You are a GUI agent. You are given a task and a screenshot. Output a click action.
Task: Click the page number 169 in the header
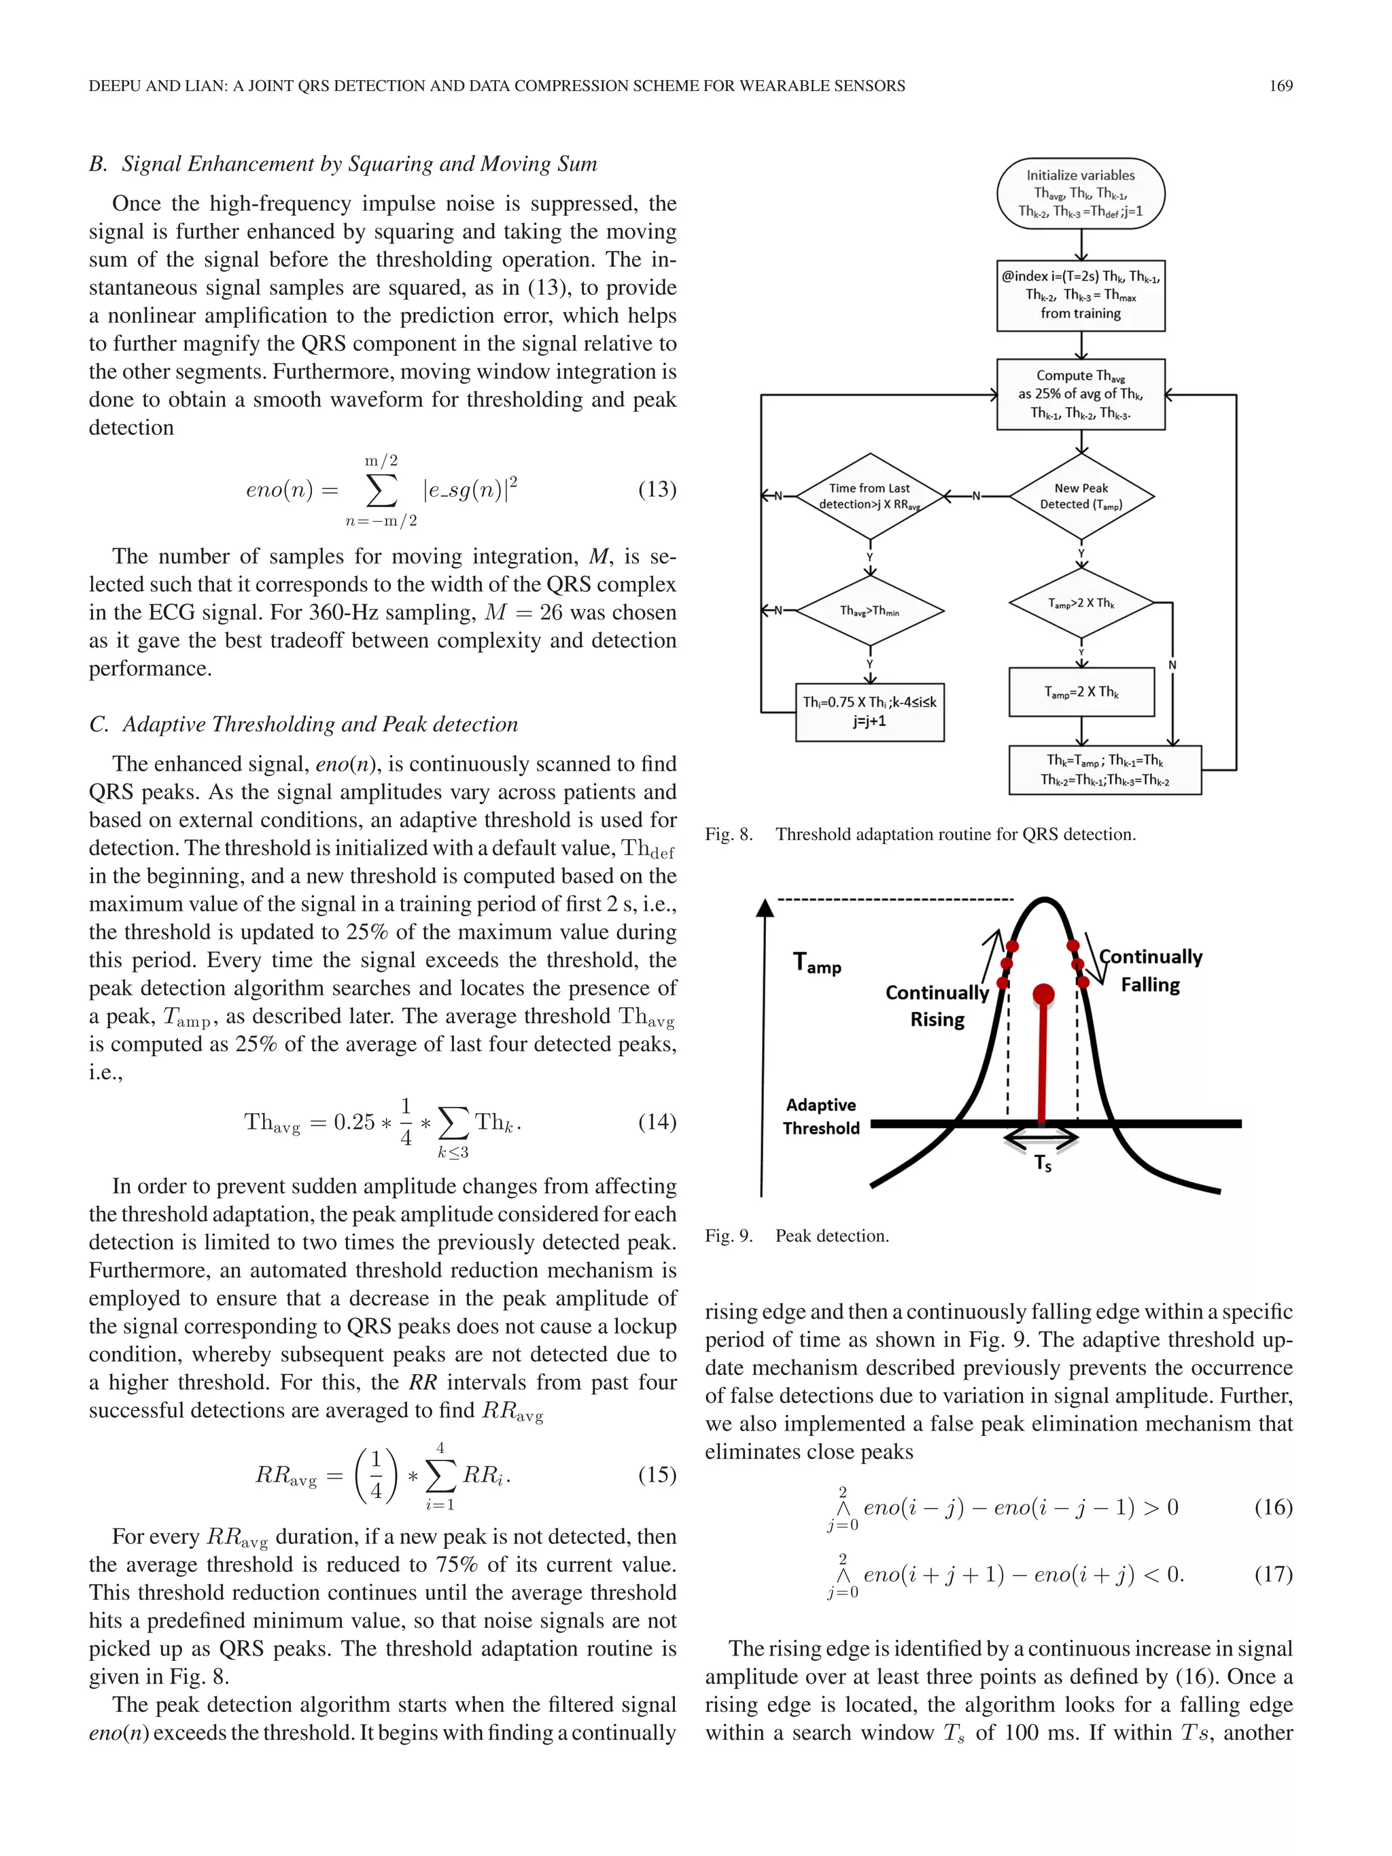pyautogui.click(x=1280, y=86)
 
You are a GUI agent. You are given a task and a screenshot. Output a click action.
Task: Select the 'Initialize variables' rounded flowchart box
pyautogui.click(x=1080, y=194)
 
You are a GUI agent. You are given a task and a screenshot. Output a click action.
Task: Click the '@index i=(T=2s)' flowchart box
pyautogui.click(x=1080, y=296)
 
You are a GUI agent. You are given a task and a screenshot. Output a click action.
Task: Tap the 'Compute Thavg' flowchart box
pyautogui.click(x=1080, y=394)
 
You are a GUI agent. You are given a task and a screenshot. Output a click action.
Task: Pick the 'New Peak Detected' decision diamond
pyautogui.click(x=1081, y=496)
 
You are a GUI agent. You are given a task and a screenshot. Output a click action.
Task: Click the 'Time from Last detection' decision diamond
pyautogui.click(x=869, y=496)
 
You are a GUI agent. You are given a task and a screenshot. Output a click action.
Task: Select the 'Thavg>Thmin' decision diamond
pyautogui.click(x=869, y=611)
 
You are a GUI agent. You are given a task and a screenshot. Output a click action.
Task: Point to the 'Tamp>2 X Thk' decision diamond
pyautogui.click(x=1081, y=602)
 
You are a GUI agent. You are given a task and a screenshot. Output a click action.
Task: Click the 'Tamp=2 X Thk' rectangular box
pyautogui.click(x=1081, y=693)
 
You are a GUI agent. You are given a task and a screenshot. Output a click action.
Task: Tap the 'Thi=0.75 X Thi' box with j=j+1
pyautogui.click(x=869, y=712)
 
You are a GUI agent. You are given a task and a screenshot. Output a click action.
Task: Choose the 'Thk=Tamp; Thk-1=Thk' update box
pyautogui.click(x=1104, y=770)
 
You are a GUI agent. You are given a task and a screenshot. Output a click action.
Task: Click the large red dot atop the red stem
pyautogui.click(x=1043, y=995)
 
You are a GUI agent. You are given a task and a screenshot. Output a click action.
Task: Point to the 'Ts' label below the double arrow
pyautogui.click(x=1042, y=1163)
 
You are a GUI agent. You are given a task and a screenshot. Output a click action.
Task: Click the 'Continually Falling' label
pyautogui.click(x=1150, y=970)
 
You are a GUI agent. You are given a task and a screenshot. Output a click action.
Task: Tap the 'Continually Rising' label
pyautogui.click(x=937, y=1006)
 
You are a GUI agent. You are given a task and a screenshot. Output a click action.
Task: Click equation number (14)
pyautogui.click(x=657, y=1122)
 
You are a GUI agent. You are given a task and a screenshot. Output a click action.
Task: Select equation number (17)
pyautogui.click(x=1273, y=1574)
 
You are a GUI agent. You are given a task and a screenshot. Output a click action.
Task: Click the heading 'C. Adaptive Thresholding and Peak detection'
pyautogui.click(x=304, y=724)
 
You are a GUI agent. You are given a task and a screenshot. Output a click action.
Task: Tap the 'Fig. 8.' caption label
pyautogui.click(x=729, y=834)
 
